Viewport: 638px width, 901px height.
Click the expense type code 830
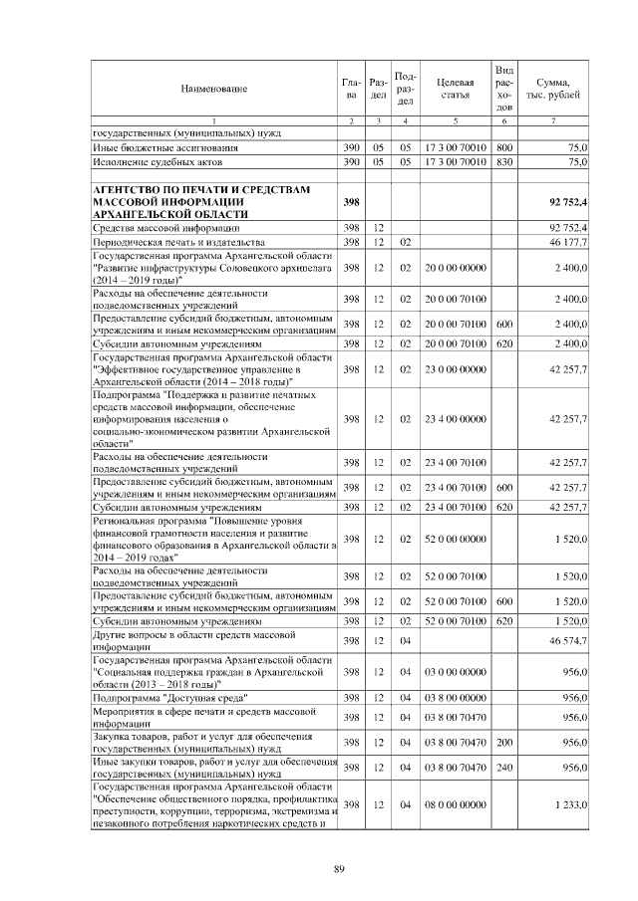(x=503, y=160)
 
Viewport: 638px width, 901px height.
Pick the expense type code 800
(x=503, y=146)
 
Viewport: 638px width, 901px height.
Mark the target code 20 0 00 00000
(x=454, y=268)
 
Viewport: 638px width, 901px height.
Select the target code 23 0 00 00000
(x=454, y=368)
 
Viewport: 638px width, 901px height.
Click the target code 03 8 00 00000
(x=454, y=698)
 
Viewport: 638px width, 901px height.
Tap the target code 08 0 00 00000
(x=454, y=803)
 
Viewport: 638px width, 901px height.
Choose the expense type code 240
(x=503, y=767)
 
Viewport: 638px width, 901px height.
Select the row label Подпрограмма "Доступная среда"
(x=168, y=698)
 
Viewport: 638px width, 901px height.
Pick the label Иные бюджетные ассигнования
(x=157, y=146)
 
